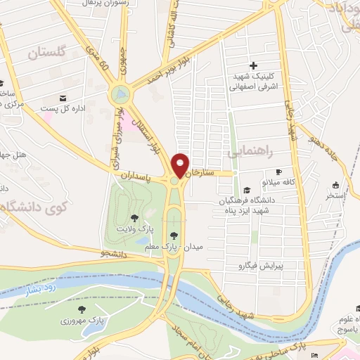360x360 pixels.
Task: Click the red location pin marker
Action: coord(181,165)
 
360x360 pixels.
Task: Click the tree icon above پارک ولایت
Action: coord(134,218)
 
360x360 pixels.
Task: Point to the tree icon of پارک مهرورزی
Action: coord(82,309)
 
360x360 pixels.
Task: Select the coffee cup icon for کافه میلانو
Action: coord(278,172)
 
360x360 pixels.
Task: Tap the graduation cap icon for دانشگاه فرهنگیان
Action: coord(246,190)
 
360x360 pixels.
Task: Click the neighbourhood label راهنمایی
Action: coord(250,150)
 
